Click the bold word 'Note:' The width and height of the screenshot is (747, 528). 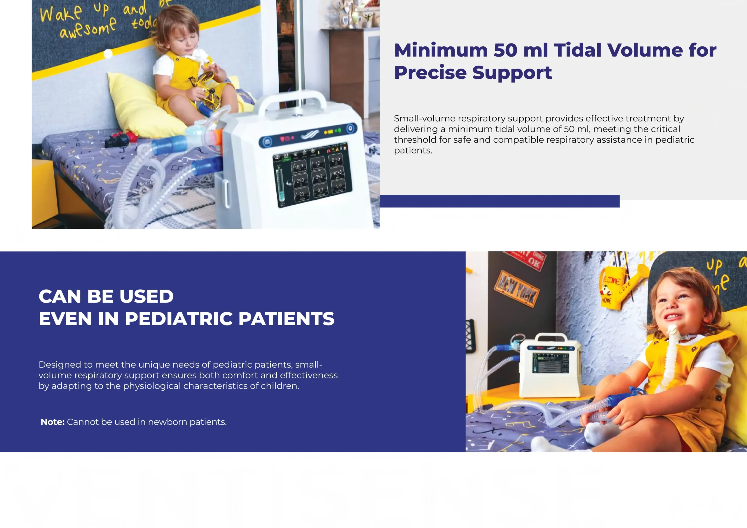[x=53, y=422]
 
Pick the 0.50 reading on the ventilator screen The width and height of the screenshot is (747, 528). [x=336, y=160]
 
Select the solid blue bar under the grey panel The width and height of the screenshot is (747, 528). [x=499, y=201]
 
